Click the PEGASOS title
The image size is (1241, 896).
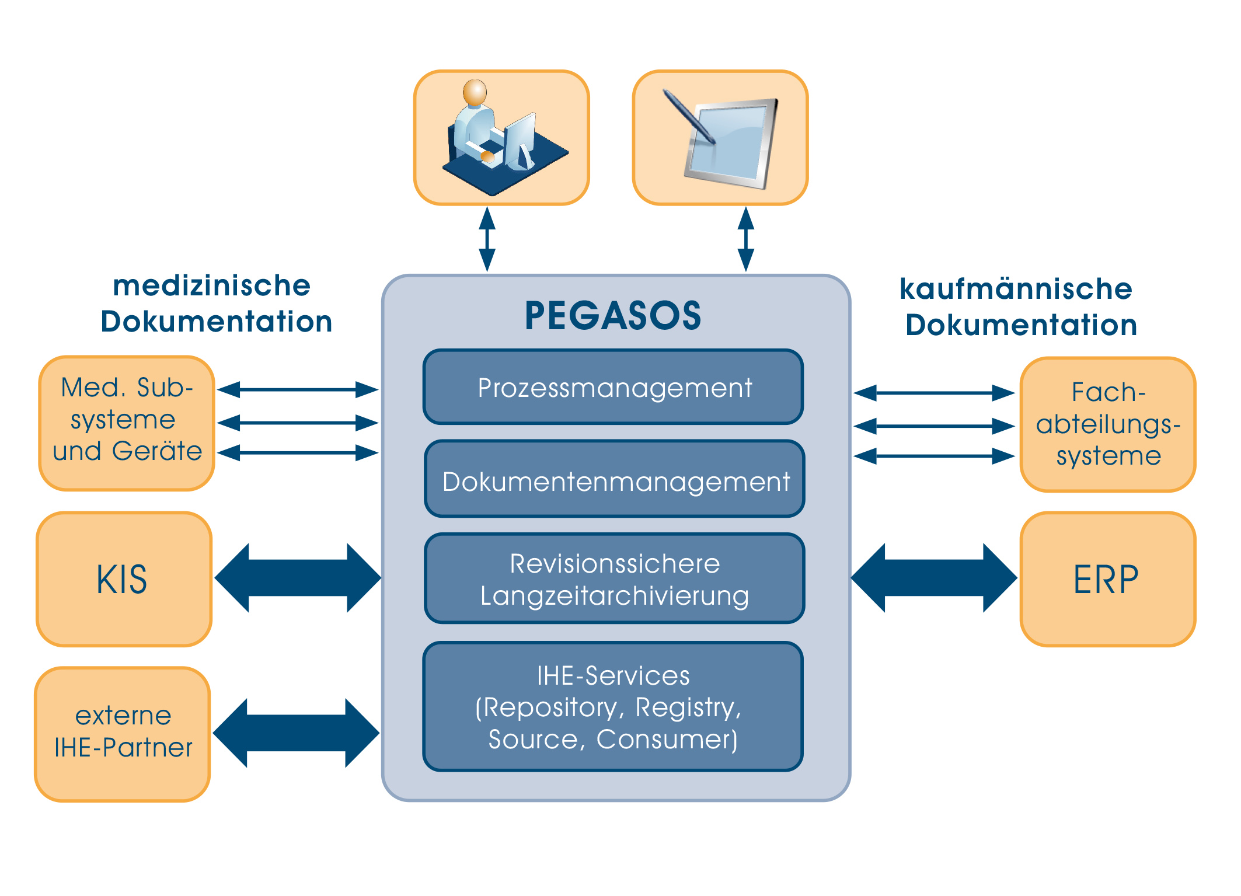pyautogui.click(x=613, y=316)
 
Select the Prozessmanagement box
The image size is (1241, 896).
pyautogui.click(x=613, y=387)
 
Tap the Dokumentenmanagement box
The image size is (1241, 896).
pyautogui.click(x=615, y=479)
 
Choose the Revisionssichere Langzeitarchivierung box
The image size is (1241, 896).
pyautogui.click(x=615, y=578)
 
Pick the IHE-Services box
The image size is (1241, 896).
pyautogui.click(x=613, y=706)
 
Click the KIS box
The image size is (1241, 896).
pyautogui.click(x=124, y=579)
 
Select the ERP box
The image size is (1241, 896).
pyautogui.click(x=1107, y=579)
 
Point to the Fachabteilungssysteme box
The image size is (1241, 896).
pyautogui.click(x=1107, y=424)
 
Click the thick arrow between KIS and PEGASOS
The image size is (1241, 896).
pyautogui.click(x=298, y=578)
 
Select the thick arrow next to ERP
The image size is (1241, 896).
pyautogui.click(x=934, y=578)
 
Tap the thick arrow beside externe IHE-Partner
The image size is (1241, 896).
pyautogui.click(x=297, y=733)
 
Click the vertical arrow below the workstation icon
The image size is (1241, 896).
pyautogui.click(x=487, y=239)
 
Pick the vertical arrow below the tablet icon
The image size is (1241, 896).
pyautogui.click(x=745, y=239)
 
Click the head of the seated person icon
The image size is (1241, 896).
pyautogui.click(x=475, y=92)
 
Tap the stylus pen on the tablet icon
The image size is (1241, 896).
pyautogui.click(x=689, y=116)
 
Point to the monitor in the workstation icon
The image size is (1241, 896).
pyautogui.click(x=520, y=137)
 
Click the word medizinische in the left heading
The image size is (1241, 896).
pyautogui.click(x=211, y=286)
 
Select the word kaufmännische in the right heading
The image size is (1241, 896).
pyautogui.click(x=1016, y=289)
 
